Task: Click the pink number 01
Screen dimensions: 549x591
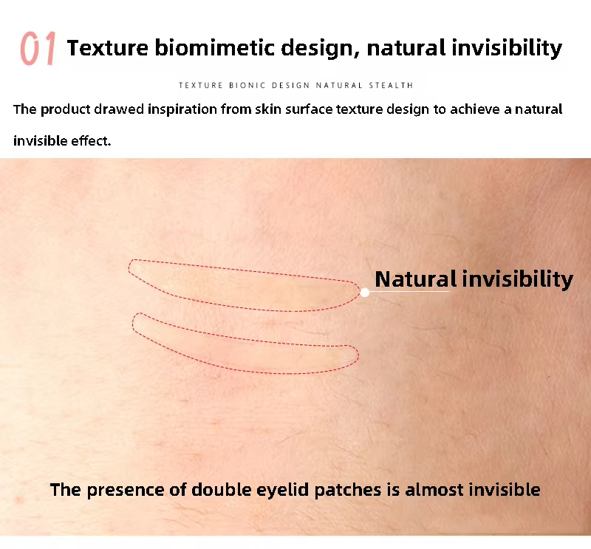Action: coord(38,50)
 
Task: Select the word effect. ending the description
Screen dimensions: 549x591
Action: coord(91,140)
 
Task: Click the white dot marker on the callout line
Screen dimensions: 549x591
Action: coord(365,292)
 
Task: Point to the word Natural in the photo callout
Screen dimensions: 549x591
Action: coord(416,279)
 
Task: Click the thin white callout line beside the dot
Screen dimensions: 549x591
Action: coord(410,292)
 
